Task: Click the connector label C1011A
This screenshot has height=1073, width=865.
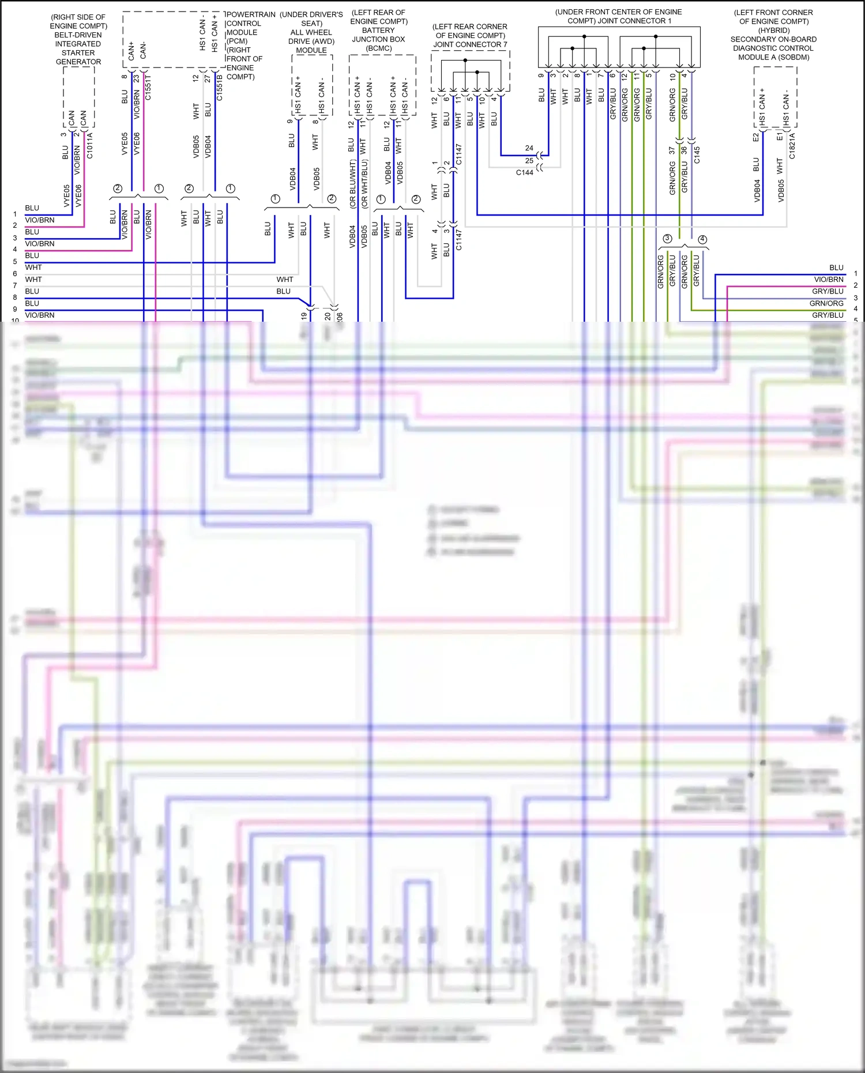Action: click(x=90, y=146)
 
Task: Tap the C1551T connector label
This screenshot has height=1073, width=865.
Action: click(x=148, y=87)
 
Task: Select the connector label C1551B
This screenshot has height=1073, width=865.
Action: click(x=220, y=87)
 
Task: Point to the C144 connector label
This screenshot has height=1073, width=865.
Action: click(x=524, y=172)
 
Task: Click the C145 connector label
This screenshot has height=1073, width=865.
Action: click(x=697, y=155)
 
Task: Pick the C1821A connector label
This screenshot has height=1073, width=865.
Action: click(x=792, y=146)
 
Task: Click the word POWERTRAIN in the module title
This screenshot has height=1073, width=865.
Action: click(x=251, y=14)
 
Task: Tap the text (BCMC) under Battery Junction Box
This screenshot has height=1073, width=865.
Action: click(x=379, y=48)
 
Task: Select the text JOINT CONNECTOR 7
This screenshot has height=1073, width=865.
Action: click(x=470, y=44)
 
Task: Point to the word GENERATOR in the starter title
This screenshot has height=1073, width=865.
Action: click(x=78, y=62)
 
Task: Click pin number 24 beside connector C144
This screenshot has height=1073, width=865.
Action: click(x=529, y=148)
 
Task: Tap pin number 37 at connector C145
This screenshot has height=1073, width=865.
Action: click(x=672, y=150)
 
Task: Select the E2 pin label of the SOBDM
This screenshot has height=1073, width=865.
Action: click(x=756, y=137)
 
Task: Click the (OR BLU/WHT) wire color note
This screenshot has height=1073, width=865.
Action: click(x=352, y=184)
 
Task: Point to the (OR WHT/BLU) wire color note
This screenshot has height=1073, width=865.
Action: click(x=364, y=184)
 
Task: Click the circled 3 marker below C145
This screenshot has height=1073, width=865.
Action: click(x=667, y=238)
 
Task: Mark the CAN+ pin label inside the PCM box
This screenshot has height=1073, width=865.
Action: click(x=131, y=51)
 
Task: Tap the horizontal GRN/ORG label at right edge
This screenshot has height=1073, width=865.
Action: click(x=826, y=303)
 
